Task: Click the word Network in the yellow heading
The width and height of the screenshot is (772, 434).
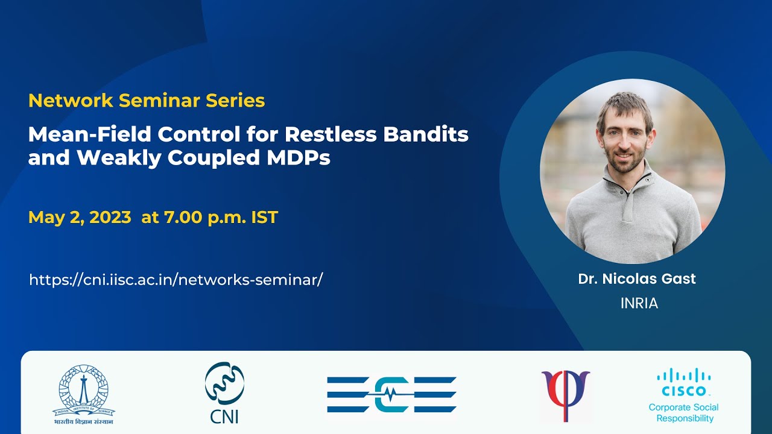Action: point(71,101)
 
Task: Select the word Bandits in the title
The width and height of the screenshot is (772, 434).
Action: point(426,134)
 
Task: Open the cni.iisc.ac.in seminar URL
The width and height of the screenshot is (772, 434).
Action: point(176,280)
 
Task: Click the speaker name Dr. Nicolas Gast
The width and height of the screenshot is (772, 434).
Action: point(637,279)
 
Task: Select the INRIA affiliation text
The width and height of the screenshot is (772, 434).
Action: point(639,303)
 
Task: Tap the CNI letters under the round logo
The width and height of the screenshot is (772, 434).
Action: point(224,416)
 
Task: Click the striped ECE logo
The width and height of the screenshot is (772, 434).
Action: point(391,395)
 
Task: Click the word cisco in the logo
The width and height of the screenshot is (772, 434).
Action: point(684,391)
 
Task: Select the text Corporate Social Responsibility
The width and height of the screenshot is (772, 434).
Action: point(684,413)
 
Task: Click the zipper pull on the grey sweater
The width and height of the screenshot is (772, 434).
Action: point(648,180)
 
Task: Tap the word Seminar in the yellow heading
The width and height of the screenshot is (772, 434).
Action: point(160,101)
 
